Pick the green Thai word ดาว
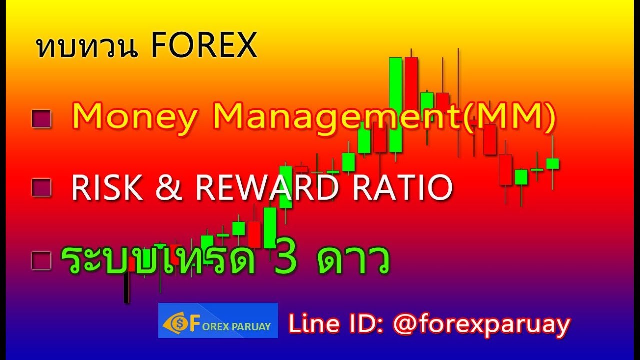click(x=353, y=260)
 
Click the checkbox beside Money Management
click(x=41, y=119)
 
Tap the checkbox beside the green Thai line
click(x=41, y=260)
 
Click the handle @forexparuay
click(x=481, y=325)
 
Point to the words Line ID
click(x=335, y=325)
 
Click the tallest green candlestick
click(x=395, y=105)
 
